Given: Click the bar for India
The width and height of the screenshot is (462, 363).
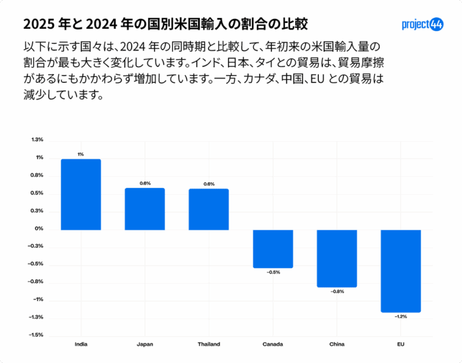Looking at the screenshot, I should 81,194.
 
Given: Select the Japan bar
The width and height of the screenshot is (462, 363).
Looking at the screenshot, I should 145,209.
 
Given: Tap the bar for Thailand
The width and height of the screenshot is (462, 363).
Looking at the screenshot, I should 209,209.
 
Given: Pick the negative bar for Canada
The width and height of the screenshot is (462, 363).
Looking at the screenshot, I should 273,248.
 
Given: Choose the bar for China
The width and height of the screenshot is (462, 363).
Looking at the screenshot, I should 337,258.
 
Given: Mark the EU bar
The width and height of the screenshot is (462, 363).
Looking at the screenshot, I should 401,270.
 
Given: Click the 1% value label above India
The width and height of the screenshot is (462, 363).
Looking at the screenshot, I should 81,154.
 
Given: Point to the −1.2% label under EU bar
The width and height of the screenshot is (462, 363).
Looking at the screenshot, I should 401,317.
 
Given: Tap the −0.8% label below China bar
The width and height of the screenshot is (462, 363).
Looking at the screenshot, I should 337,291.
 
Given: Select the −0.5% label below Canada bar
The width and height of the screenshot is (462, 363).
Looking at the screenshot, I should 273,272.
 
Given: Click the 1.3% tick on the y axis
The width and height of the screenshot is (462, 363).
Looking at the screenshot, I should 37,140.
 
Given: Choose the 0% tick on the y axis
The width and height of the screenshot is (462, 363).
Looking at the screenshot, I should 39,228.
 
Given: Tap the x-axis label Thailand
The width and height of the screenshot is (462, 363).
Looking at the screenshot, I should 209,344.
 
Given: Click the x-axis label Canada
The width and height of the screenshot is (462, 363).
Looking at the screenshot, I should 273,344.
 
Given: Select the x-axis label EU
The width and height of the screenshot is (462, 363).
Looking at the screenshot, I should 401,344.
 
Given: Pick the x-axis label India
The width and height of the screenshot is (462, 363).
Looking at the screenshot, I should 81,344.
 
